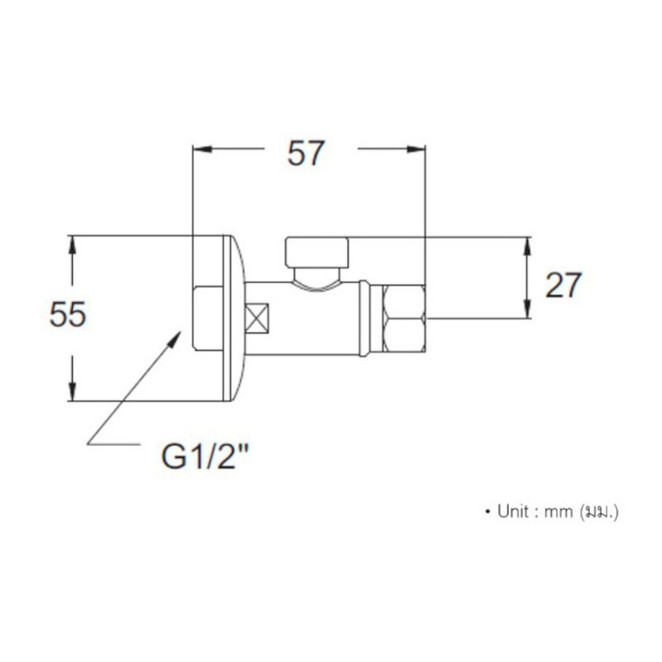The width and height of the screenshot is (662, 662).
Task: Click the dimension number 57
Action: coord(305,153)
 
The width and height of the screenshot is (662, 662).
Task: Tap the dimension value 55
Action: coord(68,314)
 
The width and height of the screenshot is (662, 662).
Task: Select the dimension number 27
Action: coord(564,285)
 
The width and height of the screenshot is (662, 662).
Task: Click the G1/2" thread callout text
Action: coord(204,457)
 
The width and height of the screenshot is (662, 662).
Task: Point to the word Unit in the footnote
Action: coord(513,511)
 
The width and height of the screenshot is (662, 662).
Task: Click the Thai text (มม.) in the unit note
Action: coord(599,512)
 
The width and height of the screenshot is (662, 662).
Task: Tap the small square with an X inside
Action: coord(257,318)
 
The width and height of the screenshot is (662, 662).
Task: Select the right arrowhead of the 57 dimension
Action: coord(416,149)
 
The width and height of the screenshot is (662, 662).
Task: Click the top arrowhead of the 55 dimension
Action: coord(73,245)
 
